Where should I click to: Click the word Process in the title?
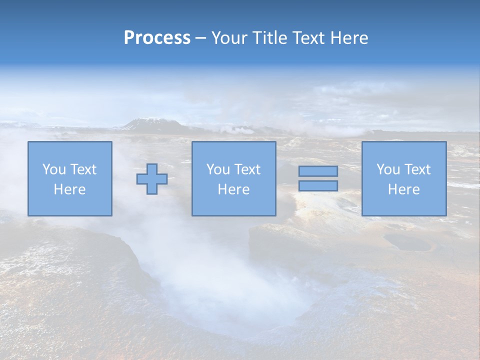click(x=157, y=38)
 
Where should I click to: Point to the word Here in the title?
click(x=348, y=38)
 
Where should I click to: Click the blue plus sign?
click(x=152, y=179)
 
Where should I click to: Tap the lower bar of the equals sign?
click(x=318, y=186)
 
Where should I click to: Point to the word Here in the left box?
click(x=69, y=189)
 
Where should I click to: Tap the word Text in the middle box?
click(x=247, y=169)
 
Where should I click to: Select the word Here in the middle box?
click(x=233, y=189)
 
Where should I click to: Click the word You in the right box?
click(x=387, y=169)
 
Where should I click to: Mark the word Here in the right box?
click(x=403, y=189)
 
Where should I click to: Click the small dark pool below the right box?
click(x=407, y=243)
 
